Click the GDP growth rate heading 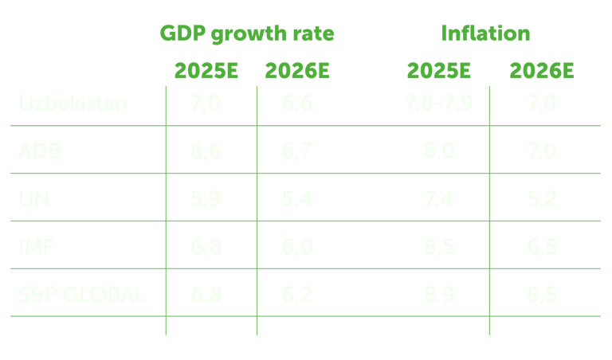247,34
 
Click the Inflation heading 485,34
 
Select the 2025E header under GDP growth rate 206,72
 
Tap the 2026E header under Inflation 542,72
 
